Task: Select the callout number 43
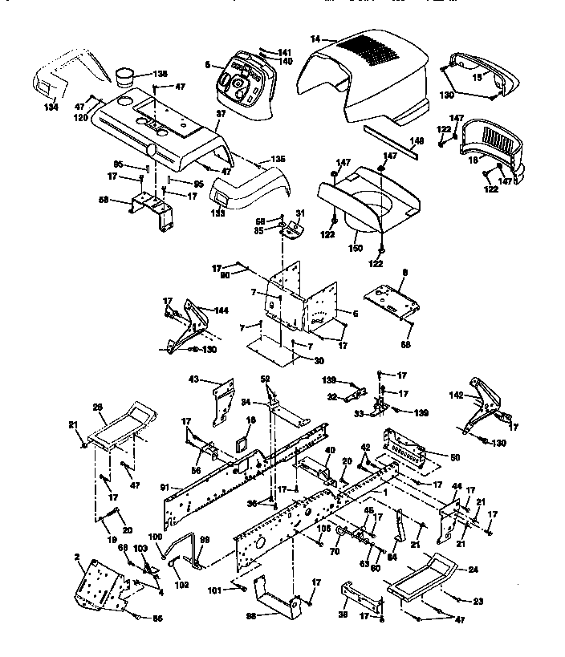click(193, 378)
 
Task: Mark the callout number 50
click(455, 457)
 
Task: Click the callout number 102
click(181, 585)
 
